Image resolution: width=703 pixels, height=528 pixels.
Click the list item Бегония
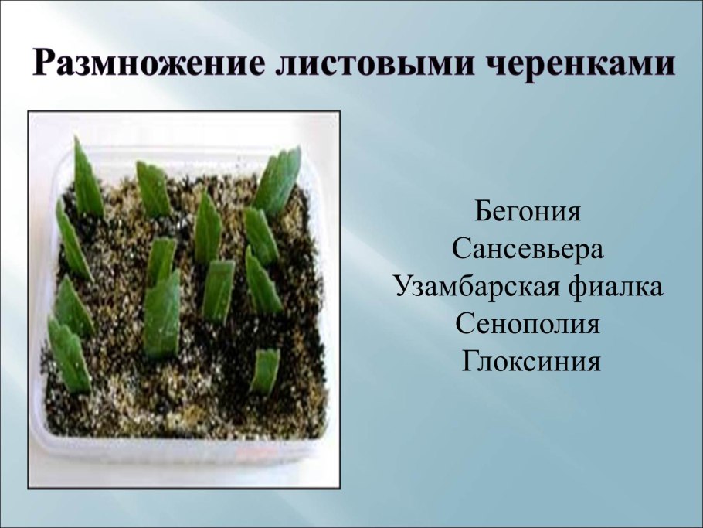528,211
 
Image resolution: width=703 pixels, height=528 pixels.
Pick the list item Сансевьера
528,249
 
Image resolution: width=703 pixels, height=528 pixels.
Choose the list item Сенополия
528,324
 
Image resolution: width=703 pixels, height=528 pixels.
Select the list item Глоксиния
531,361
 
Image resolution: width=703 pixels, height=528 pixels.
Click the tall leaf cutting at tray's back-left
87,179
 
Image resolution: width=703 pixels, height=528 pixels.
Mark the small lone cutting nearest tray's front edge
265,370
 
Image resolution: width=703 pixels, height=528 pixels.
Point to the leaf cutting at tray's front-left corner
70,354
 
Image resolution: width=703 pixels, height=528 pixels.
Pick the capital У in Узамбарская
405,286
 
